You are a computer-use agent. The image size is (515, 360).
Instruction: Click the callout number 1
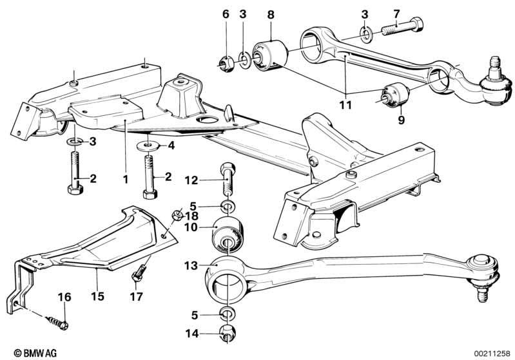[126, 180]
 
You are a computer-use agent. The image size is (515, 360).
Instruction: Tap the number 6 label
[226, 14]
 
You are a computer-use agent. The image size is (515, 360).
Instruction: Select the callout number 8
[271, 15]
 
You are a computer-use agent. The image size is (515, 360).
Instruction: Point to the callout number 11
[345, 105]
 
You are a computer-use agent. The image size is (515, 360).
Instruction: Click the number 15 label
[97, 296]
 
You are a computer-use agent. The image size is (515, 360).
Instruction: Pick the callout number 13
[191, 265]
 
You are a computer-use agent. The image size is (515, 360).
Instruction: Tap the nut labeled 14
[227, 333]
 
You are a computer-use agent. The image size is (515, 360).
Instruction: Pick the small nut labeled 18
[177, 214]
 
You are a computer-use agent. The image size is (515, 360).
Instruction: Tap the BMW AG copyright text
[35, 353]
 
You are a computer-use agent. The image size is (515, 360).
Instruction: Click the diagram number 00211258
[492, 354]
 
